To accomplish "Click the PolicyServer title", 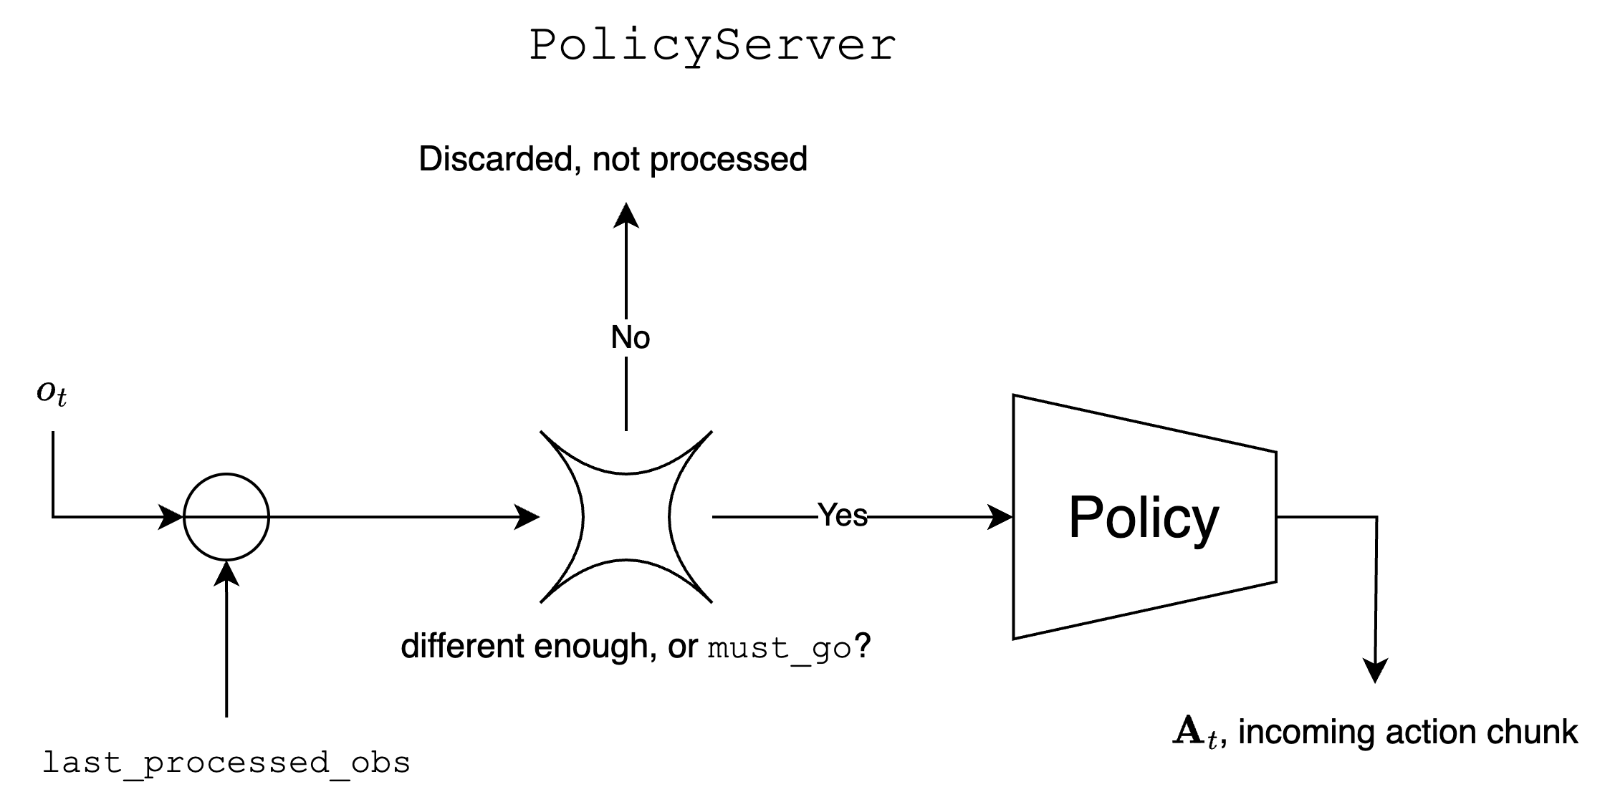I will pos(712,46).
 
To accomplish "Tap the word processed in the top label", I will pos(728,159).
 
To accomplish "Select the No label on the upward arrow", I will pos(630,337).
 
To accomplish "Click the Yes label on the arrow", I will pos(842,516).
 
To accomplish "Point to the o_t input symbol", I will pos(52,392).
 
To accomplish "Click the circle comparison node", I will pos(226,516).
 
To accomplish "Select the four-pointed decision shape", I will pos(626,516).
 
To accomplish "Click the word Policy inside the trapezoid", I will pos(1143,517).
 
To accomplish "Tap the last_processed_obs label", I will pos(226,763).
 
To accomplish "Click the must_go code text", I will pos(779,648).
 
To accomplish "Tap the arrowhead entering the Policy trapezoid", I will pos(1000,516).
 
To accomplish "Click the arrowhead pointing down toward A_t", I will pos(1376,671).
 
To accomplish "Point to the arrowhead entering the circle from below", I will pos(226,574).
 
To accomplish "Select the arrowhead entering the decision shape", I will pos(527,516).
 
